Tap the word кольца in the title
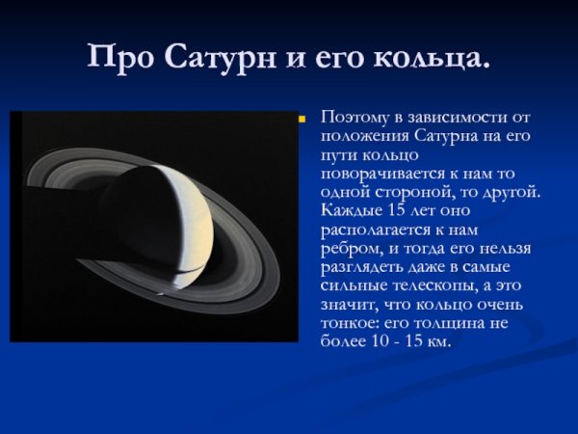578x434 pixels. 437,57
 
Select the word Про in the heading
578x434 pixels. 119,57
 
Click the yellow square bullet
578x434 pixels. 301,121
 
